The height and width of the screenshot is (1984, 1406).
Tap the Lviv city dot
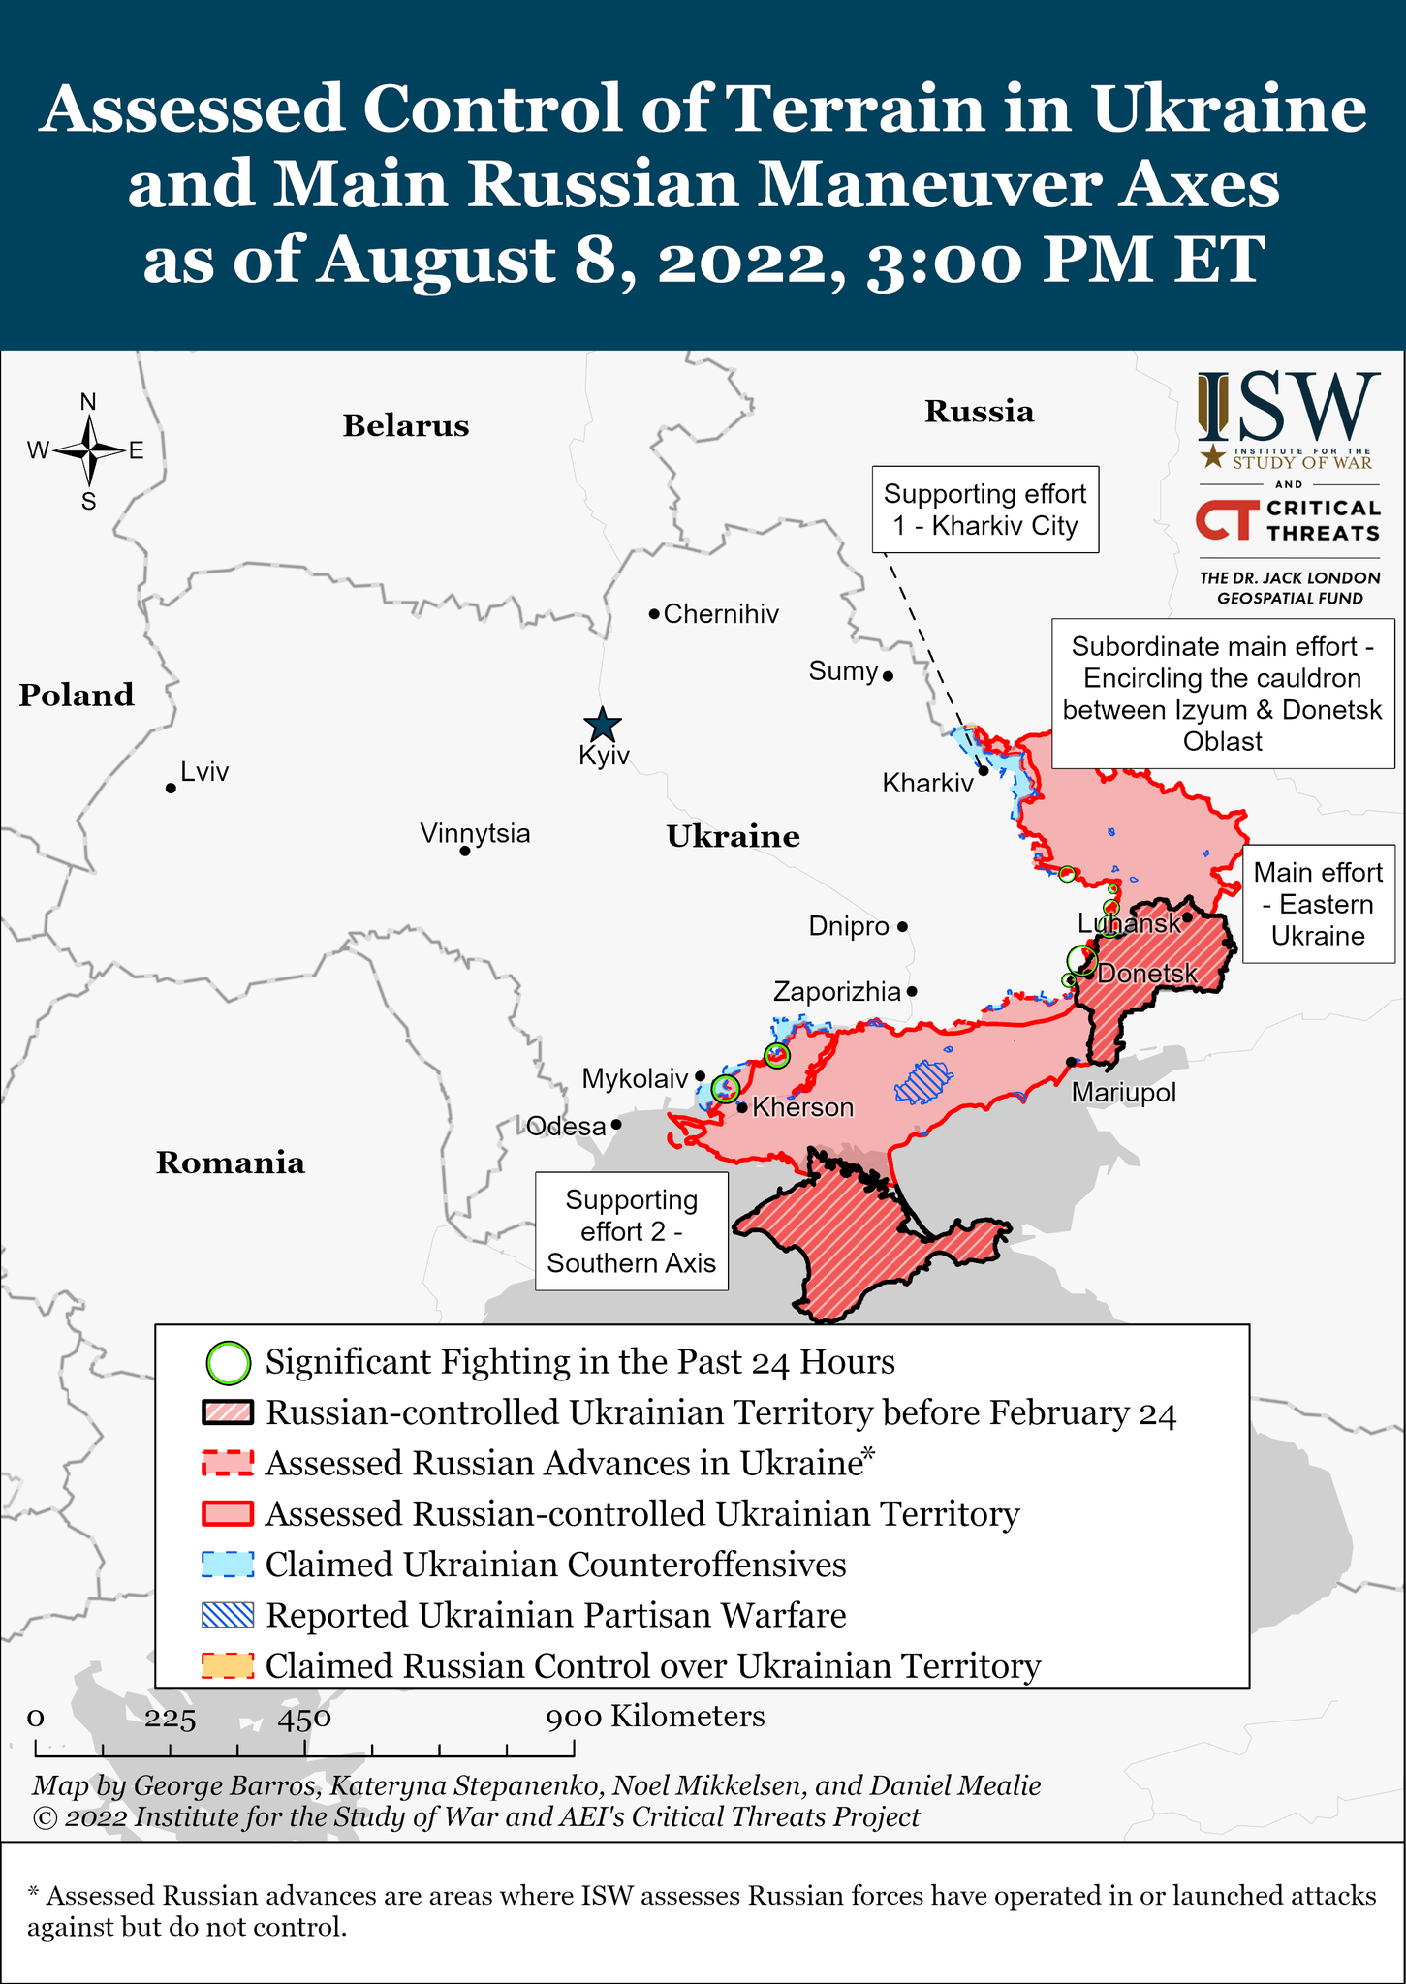coord(171,789)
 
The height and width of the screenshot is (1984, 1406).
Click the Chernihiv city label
coord(721,614)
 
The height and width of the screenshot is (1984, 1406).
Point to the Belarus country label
coord(405,426)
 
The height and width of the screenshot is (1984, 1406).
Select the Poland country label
coord(77,696)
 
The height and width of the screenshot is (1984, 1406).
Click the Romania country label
coord(231,1162)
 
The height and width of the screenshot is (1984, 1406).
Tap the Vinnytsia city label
coord(475,833)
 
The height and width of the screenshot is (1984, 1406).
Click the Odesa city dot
coord(616,1126)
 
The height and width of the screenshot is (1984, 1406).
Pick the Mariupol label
coord(1123,1093)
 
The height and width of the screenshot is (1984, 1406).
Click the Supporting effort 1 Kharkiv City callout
coord(984,510)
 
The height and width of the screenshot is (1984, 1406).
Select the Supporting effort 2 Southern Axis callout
coord(632,1231)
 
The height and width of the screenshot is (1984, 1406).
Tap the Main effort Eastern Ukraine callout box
coord(1318,904)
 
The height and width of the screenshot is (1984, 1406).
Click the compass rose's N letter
coord(88,402)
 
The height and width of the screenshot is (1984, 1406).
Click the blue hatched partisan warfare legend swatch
coord(228,1615)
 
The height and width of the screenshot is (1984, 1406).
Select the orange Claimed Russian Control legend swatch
coord(228,1665)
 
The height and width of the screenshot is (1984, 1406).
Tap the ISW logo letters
coord(1289,407)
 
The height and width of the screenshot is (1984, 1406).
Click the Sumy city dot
coord(888,676)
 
